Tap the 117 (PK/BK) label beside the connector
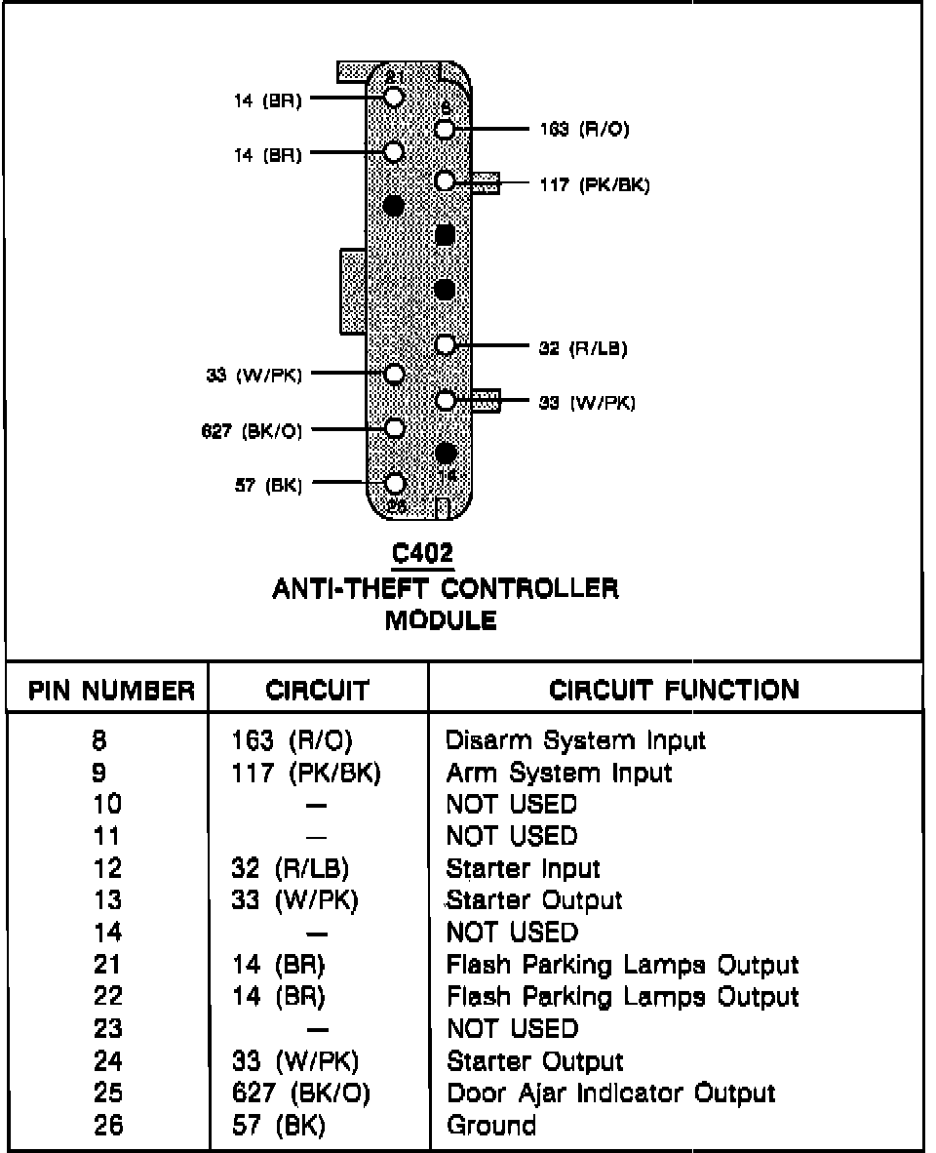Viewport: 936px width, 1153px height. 594,184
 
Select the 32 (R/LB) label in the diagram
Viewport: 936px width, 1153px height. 582,347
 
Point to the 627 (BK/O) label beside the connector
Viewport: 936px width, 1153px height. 252,430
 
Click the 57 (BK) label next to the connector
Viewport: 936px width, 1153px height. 268,485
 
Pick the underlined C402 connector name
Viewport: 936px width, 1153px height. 422,554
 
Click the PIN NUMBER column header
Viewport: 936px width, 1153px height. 111,692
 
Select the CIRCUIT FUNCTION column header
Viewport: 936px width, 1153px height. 674,691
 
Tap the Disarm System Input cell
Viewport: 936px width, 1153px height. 575,740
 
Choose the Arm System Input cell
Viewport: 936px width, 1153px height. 559,773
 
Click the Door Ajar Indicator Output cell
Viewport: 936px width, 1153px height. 610,1093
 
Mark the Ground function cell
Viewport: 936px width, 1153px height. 490,1125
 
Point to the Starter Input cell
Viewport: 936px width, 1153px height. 523,868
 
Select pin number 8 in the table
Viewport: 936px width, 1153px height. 99,740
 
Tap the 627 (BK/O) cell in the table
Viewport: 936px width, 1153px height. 300,1093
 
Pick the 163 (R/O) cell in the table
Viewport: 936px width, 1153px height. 291,740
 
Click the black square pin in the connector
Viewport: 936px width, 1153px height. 445,235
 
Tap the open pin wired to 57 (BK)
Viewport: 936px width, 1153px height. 395,484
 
